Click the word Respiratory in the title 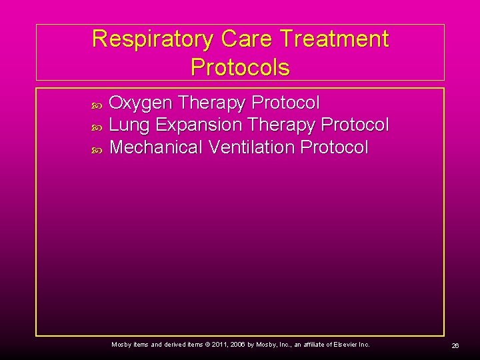(151, 39)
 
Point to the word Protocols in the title (240, 67)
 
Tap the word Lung (130, 125)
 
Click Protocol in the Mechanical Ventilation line (334, 147)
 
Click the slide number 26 (455, 345)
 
